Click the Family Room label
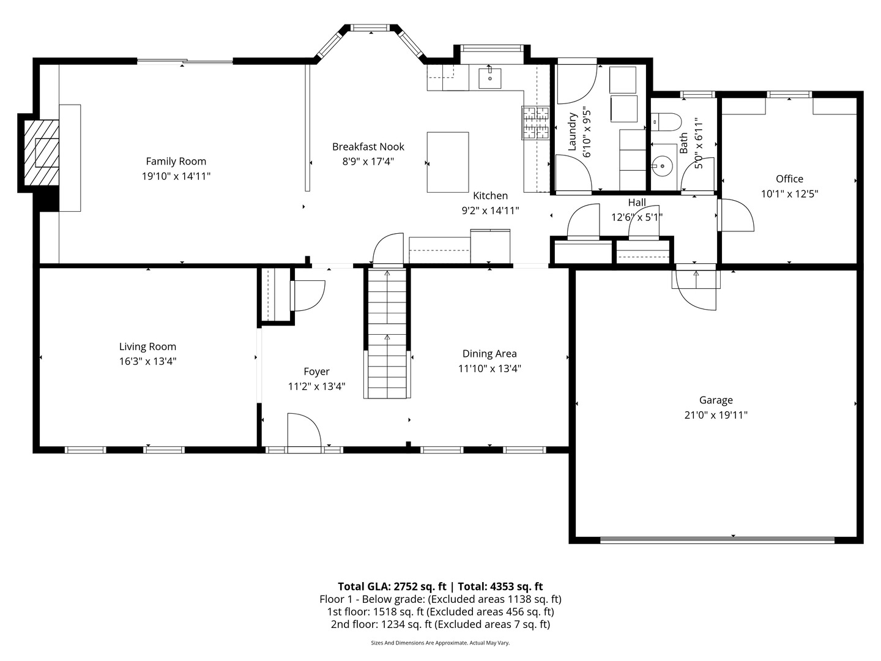[176, 162]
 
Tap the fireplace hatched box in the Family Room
[42, 152]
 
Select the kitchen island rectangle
[448, 162]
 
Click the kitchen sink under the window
[489, 78]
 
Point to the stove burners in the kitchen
[535, 123]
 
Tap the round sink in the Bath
[661, 165]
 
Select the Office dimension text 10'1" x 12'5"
[789, 194]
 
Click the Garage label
[716, 400]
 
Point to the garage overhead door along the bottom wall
[717, 539]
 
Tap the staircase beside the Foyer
[387, 334]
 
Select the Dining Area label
[489, 354]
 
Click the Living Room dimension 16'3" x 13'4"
[148, 362]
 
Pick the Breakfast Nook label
[368, 147]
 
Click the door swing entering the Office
[736, 215]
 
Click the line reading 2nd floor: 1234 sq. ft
[440, 624]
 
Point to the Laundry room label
[573, 132]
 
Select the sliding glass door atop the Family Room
[185, 61]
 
